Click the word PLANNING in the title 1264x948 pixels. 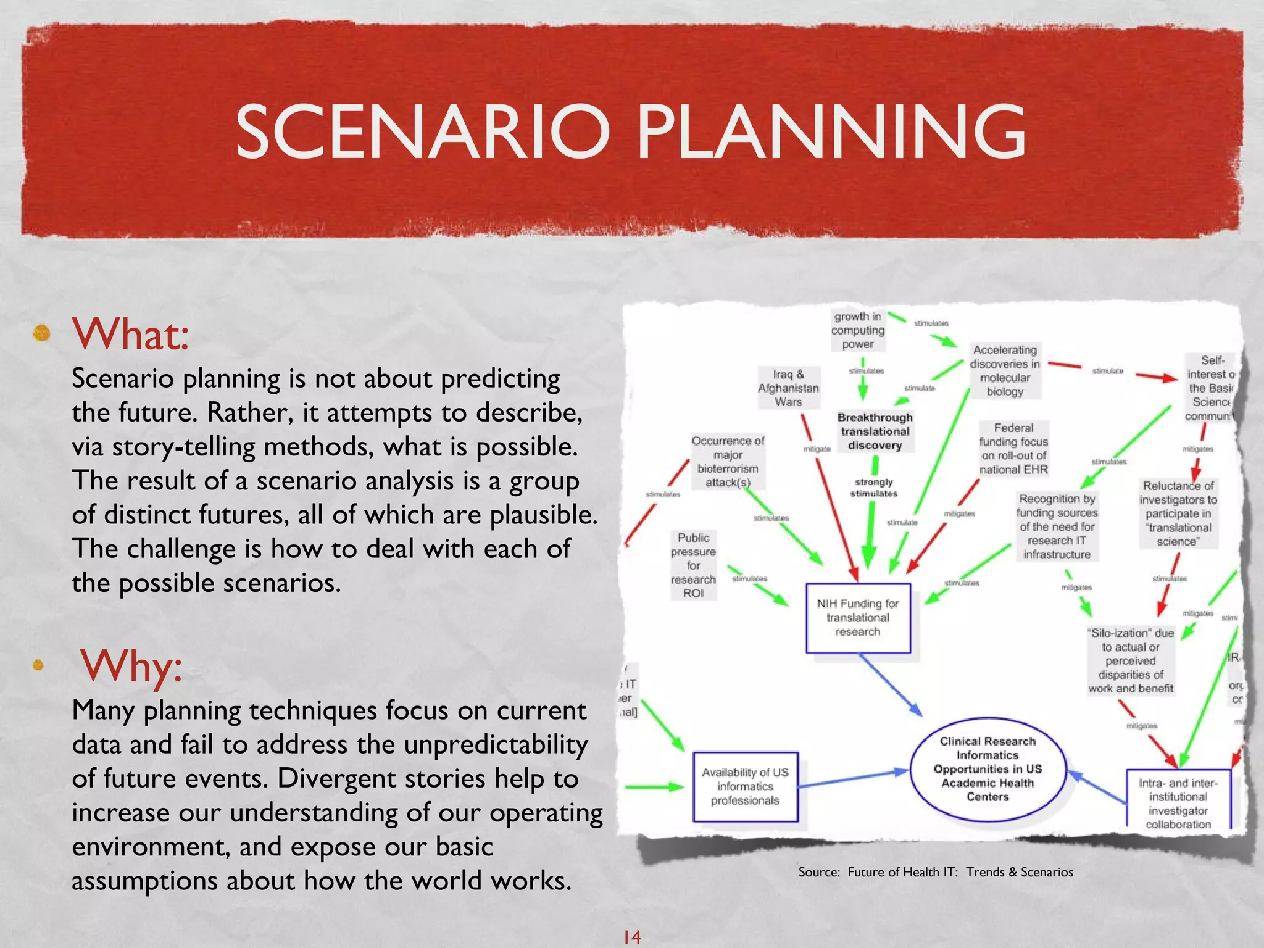click(x=831, y=131)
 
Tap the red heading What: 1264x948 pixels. click(x=130, y=334)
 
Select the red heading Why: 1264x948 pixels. click(x=131, y=666)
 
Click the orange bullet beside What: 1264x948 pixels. click(x=41, y=333)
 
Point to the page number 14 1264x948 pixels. click(x=631, y=937)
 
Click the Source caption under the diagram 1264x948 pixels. click(x=935, y=871)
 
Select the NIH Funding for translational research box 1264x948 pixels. click(x=858, y=618)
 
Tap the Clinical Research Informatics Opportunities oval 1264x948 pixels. click(x=987, y=768)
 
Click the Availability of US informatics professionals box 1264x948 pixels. click(x=745, y=786)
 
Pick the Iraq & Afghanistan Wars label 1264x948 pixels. click(x=788, y=388)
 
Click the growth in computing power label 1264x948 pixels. click(x=858, y=330)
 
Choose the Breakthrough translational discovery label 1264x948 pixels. click(x=875, y=431)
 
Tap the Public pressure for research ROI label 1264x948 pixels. click(x=693, y=565)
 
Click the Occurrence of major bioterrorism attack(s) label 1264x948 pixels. click(x=728, y=461)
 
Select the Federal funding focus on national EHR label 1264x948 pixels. click(x=1013, y=449)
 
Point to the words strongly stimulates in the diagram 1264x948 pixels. click(x=874, y=488)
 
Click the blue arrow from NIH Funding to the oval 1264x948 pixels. click(x=890, y=684)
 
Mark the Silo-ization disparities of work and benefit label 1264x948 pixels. click(x=1131, y=660)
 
